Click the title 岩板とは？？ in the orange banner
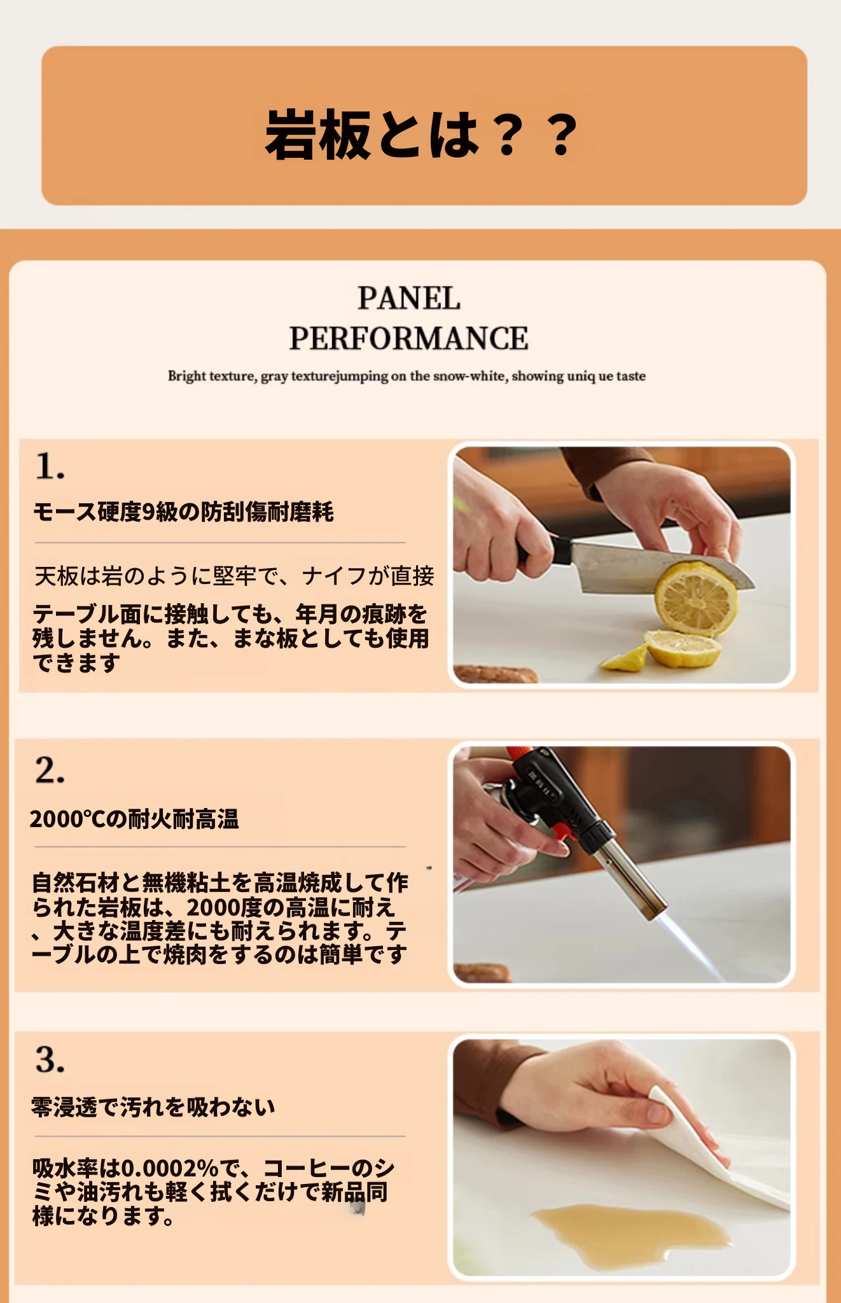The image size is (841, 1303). point(421,134)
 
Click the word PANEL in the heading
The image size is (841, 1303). point(408,298)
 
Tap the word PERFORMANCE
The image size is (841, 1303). point(408,338)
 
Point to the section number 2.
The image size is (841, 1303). point(50,770)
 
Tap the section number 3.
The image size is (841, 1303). point(50,1059)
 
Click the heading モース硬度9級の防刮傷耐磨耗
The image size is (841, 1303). point(183,512)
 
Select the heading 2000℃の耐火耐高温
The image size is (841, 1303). point(134,819)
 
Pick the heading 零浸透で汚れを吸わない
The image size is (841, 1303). point(153,1107)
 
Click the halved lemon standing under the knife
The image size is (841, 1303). point(697,598)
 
